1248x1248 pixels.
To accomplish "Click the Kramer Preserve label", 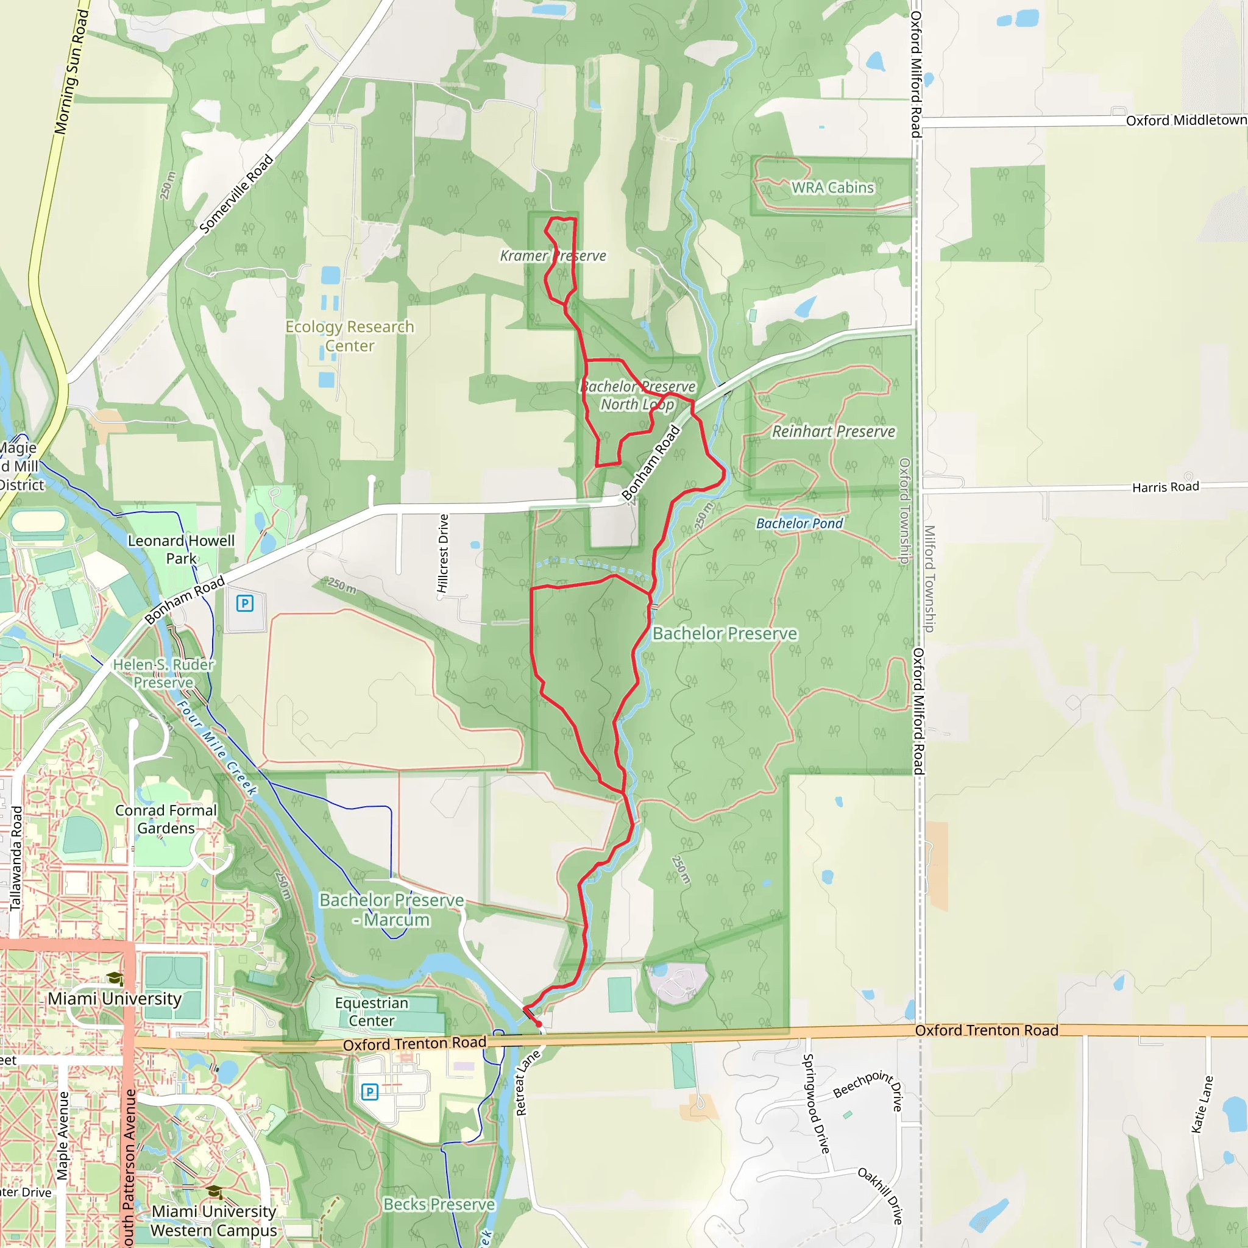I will click(553, 256).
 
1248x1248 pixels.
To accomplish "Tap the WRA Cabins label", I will click(832, 187).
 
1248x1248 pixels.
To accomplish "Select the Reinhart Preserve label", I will click(833, 431).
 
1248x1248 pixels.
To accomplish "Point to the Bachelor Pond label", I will click(799, 523).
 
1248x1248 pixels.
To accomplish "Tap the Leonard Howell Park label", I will click(181, 549).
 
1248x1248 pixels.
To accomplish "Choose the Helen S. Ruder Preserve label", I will click(163, 673).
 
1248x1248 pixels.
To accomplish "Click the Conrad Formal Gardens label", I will click(166, 819).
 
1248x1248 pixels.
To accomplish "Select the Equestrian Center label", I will click(372, 1012).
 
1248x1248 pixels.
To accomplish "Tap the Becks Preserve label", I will click(439, 1204).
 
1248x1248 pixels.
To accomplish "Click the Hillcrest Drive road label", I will click(443, 553).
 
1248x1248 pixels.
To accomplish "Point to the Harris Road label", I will click(1165, 487).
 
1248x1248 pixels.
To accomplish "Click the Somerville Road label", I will click(236, 194).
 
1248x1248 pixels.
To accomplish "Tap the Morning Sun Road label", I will click(71, 73).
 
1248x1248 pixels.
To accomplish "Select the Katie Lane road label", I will click(1202, 1104).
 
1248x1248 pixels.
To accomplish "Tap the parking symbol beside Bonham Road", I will click(244, 603).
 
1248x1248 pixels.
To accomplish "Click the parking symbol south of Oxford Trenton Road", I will click(369, 1091).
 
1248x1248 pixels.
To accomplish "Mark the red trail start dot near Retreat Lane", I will click(539, 1024).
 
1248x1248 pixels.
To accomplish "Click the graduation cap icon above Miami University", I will click(115, 979).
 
